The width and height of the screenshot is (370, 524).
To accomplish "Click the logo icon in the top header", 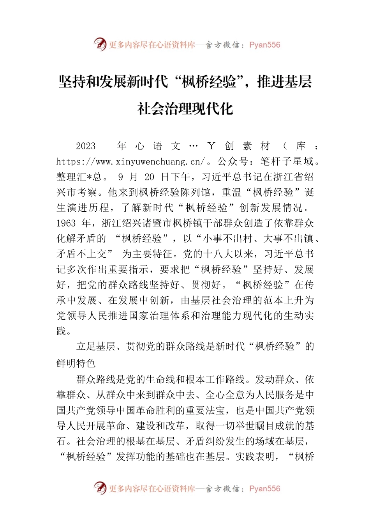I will click(100, 44).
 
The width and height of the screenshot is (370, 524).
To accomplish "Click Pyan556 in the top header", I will click(264, 45).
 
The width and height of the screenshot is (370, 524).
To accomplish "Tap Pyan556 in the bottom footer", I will click(264, 489).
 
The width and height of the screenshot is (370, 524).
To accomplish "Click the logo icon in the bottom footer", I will click(100, 488).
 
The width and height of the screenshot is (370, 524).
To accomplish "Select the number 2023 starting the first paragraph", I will click(86, 146).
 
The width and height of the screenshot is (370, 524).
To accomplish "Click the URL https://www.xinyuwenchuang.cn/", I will click(130, 161).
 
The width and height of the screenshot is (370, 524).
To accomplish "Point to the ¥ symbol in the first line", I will click(211, 146).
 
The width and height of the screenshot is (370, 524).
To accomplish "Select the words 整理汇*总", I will click(79, 177).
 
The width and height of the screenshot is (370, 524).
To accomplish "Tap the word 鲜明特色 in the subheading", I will click(76, 363).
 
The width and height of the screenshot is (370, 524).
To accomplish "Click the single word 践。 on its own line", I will click(64, 331).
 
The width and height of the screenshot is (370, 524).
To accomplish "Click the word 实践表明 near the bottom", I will click(255, 457).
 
